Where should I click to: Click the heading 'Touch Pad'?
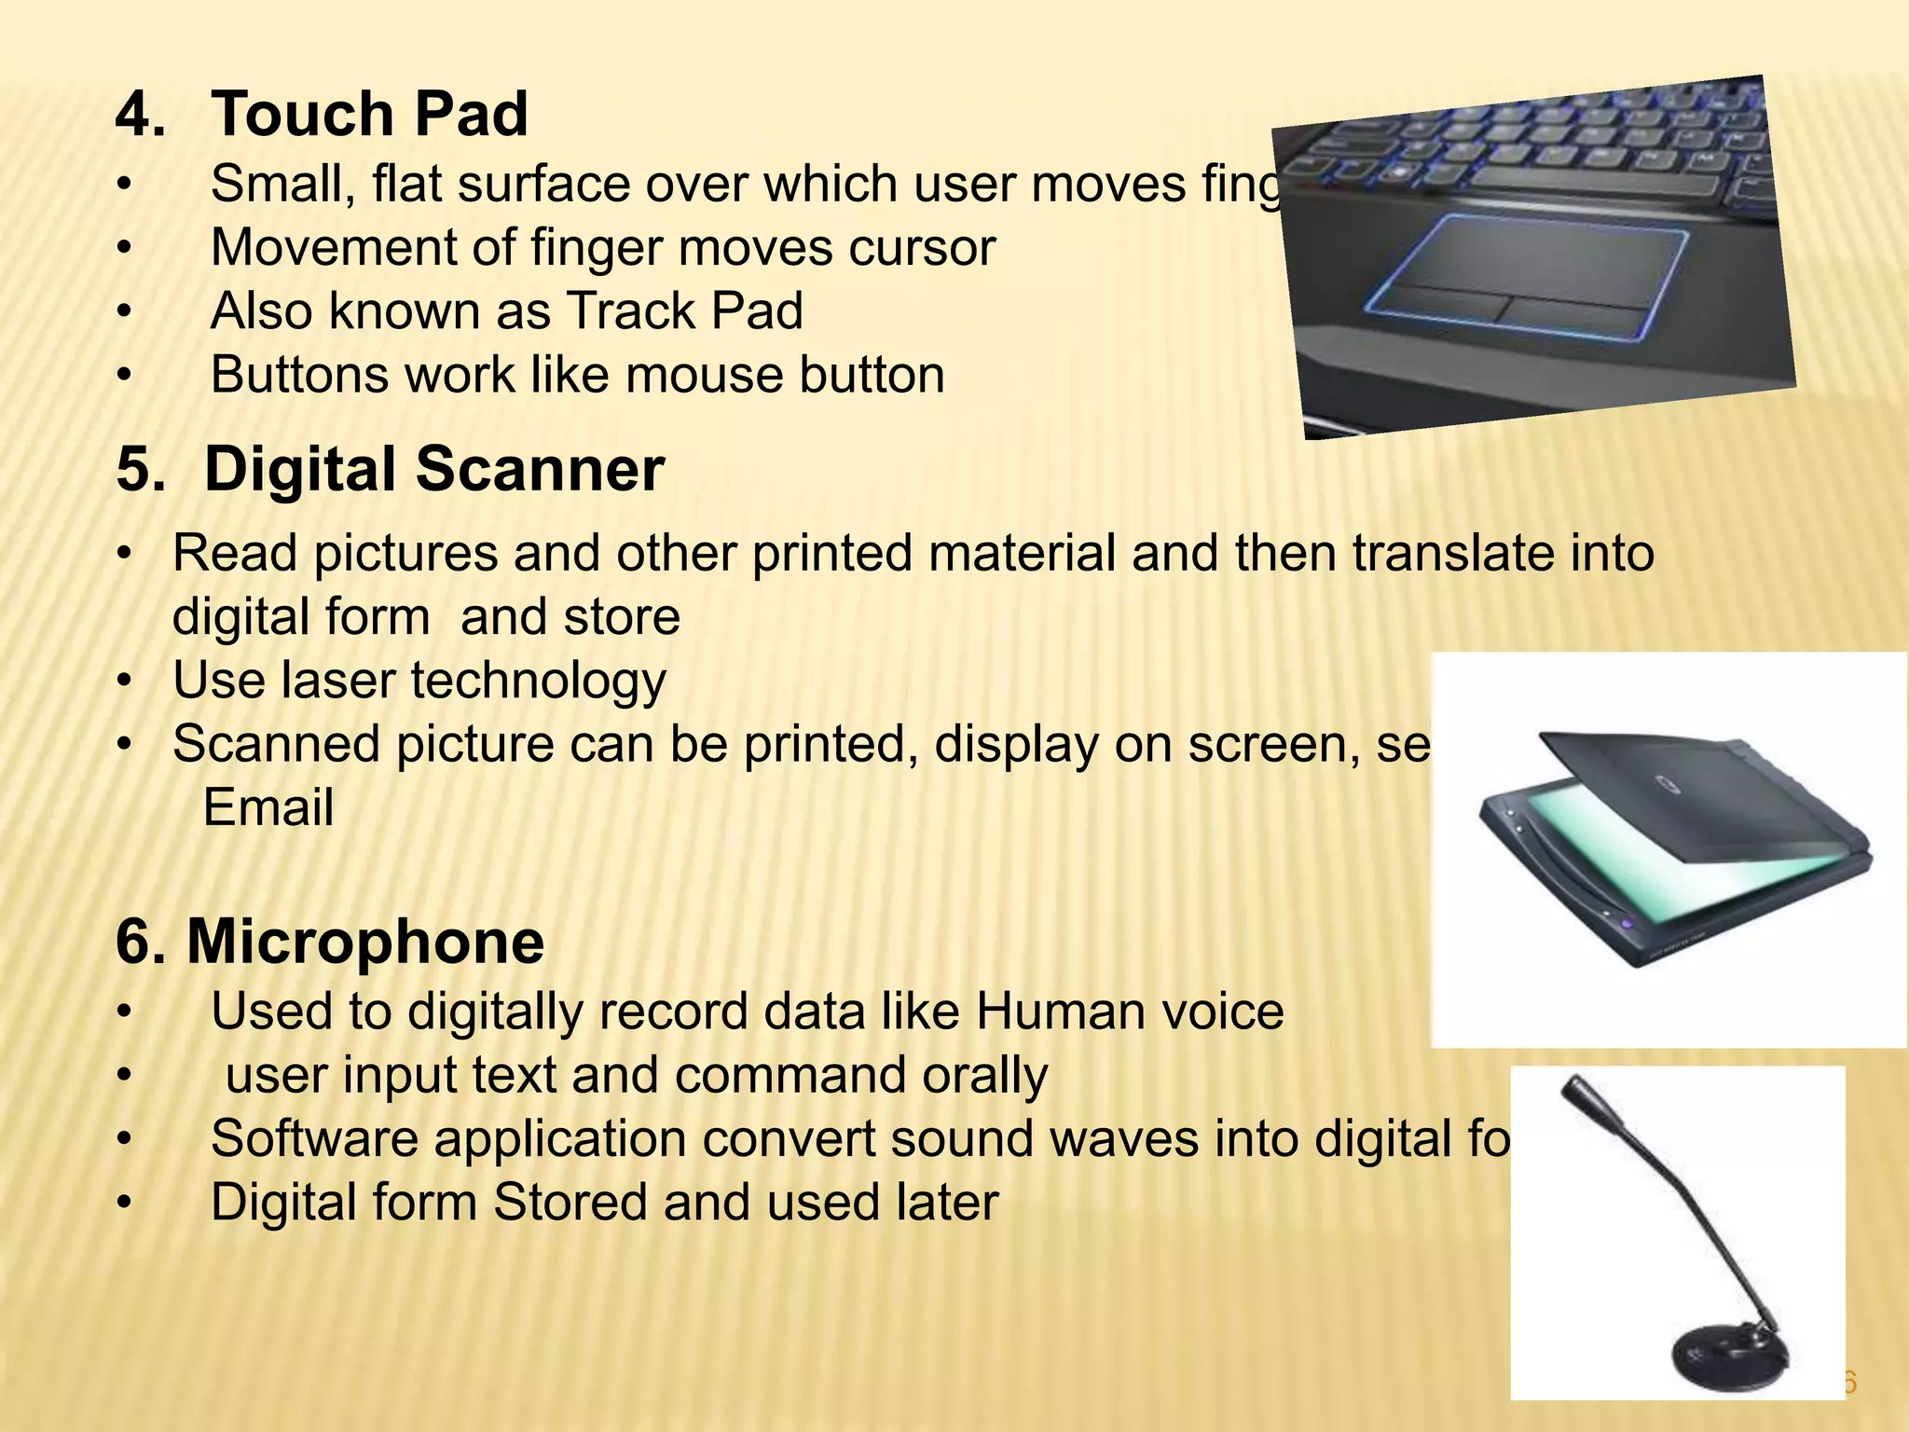pos(369,114)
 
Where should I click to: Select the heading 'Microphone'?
pos(365,941)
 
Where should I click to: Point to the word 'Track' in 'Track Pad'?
pos(632,311)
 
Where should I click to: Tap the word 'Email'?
pos(268,807)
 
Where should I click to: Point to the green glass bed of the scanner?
pos(1641,858)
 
